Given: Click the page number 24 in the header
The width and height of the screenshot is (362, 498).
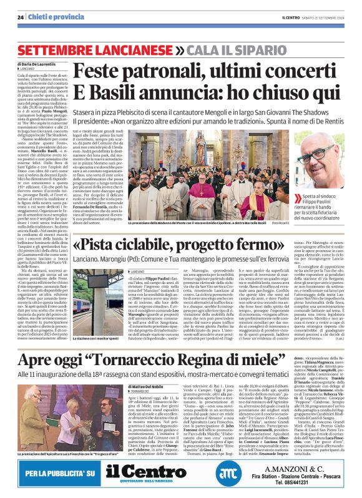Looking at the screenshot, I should (x=21, y=17).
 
